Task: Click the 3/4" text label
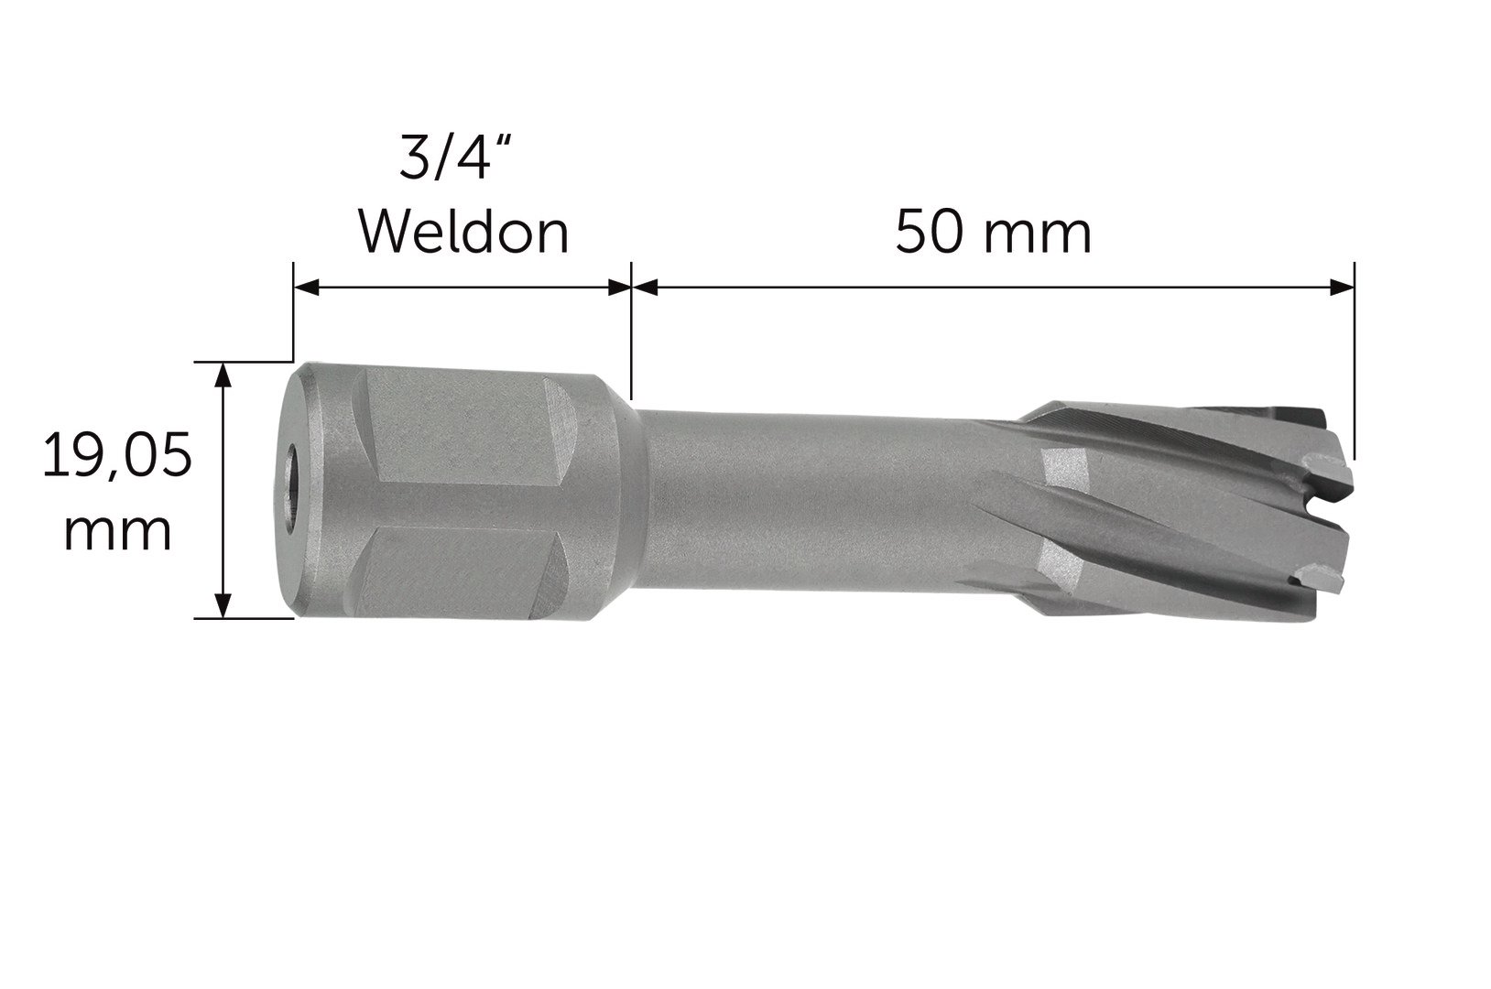pyautogui.click(x=459, y=158)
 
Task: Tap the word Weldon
pyautogui.click(x=464, y=233)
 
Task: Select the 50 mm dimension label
pyautogui.click(x=993, y=233)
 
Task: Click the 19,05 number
pyautogui.click(x=117, y=455)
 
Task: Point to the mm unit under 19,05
pyautogui.click(x=118, y=532)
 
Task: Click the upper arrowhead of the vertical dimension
pyautogui.click(x=224, y=375)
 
